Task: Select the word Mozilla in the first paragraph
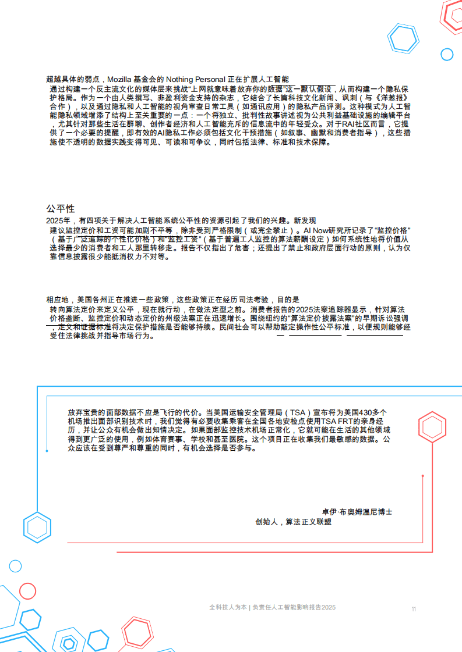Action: [x=119, y=79]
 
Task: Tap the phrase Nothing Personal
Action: [x=195, y=79]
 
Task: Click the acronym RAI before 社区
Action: [x=348, y=124]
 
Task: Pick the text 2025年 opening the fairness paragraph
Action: [x=58, y=220]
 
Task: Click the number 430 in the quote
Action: [x=365, y=412]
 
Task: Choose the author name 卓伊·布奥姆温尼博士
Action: [x=357, y=512]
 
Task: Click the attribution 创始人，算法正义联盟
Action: [x=293, y=522]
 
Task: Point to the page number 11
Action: [x=414, y=609]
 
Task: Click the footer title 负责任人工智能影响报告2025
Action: [x=294, y=608]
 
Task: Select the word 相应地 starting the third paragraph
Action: [x=58, y=300]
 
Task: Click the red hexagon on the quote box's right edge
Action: [x=432, y=427]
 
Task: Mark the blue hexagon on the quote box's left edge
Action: [x=37, y=528]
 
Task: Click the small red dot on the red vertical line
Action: [x=423, y=476]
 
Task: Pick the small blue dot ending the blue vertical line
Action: [x=47, y=451]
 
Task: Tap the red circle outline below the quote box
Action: [x=27, y=591]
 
